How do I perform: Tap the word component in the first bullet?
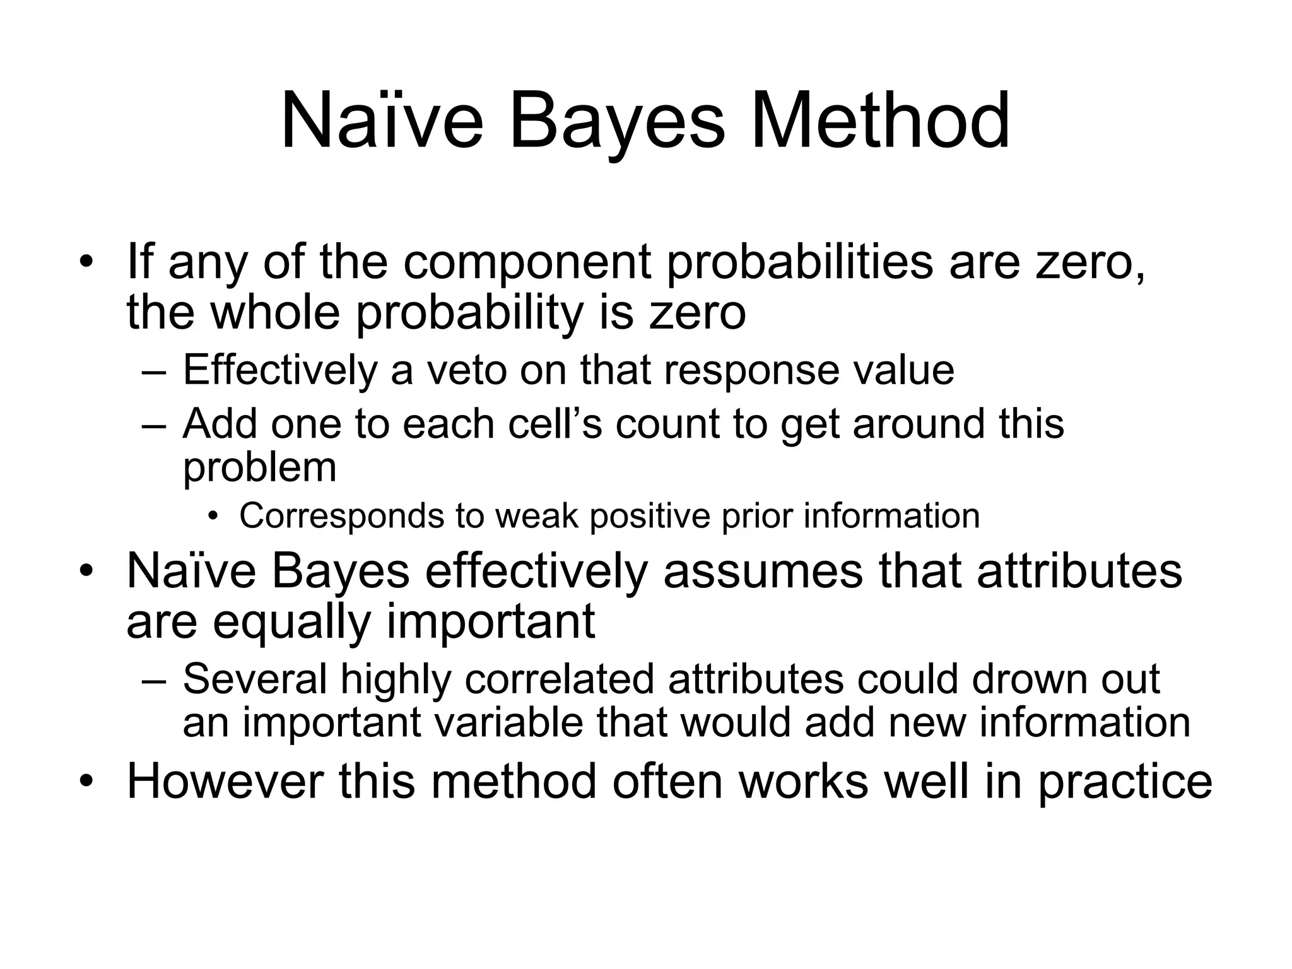tap(527, 262)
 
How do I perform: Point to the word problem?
tap(259, 468)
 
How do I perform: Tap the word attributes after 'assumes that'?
tap(1079, 570)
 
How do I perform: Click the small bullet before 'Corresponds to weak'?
tap(213, 517)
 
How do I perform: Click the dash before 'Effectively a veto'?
tap(153, 372)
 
